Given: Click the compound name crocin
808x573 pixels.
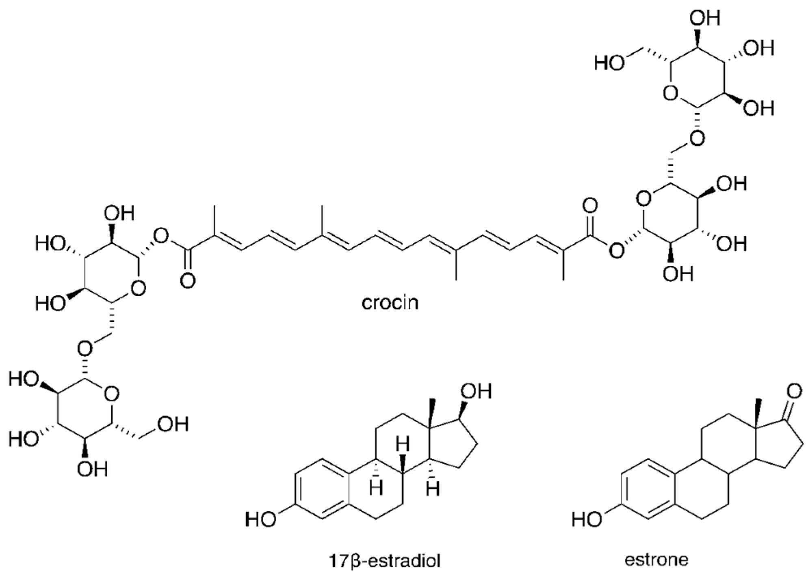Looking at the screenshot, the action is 390,303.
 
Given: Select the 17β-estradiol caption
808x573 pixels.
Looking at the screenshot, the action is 384,561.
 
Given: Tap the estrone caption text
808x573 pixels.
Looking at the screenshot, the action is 656,560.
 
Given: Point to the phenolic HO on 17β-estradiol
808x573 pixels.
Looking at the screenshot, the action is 260,519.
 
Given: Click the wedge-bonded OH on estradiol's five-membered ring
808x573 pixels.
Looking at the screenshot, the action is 476,392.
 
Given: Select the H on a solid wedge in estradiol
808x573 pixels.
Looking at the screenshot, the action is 403,446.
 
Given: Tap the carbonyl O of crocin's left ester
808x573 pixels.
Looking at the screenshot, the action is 187,281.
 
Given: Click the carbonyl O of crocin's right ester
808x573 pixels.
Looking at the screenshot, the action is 590,206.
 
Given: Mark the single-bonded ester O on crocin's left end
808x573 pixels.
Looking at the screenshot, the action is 162,234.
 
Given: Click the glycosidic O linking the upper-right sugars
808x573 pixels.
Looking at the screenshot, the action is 697,139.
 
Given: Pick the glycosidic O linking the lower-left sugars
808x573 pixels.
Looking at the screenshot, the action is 86,347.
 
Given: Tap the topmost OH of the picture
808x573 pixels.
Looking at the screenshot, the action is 704,18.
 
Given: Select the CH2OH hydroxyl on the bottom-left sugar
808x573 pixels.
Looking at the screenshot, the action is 173,424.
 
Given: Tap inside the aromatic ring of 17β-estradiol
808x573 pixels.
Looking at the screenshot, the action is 321,489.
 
